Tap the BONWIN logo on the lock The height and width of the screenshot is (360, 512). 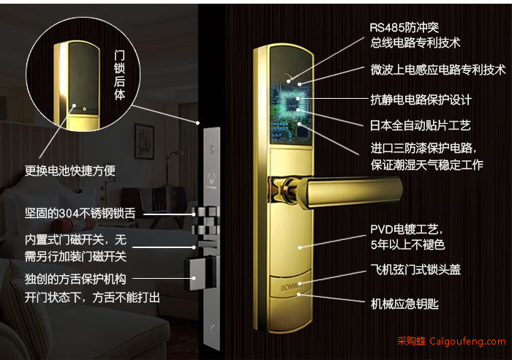tap(290, 288)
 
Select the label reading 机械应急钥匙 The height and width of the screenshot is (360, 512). tap(404, 304)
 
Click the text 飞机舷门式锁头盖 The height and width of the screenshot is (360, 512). tap(415, 270)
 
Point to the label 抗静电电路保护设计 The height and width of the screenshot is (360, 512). tap(421, 100)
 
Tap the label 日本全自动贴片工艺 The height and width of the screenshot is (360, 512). tap(421, 125)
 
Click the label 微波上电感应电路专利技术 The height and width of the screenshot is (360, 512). tap(438, 70)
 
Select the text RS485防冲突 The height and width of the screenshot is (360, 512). tap(404, 28)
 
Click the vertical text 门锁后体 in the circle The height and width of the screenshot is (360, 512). tap(119, 75)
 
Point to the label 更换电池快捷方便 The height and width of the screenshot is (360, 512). tap(70, 170)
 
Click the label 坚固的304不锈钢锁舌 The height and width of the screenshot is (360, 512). tap(80, 214)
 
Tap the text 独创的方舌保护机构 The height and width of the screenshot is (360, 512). tap(75, 280)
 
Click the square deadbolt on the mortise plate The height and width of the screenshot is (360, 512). tap(197, 274)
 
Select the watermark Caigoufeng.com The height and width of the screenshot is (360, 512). tap(467, 342)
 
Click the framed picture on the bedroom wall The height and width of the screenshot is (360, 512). tap(144, 141)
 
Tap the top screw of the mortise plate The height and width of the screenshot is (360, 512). tap(212, 149)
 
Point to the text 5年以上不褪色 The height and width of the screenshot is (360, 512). tap(407, 244)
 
